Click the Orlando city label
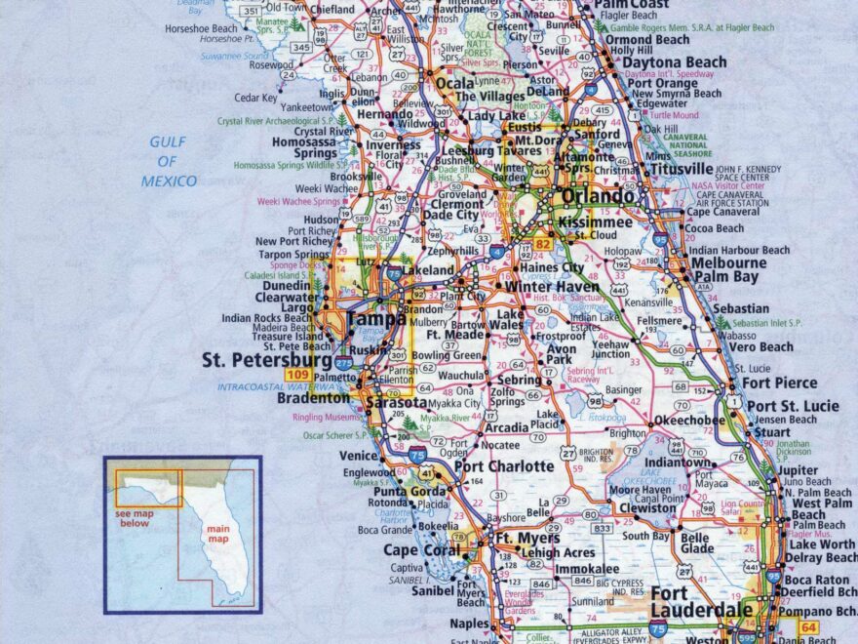(597, 197)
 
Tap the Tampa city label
(376, 319)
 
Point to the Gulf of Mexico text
(169, 161)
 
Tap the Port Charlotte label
(504, 466)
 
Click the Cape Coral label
(421, 550)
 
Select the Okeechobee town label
(688, 421)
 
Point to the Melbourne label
(727, 263)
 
